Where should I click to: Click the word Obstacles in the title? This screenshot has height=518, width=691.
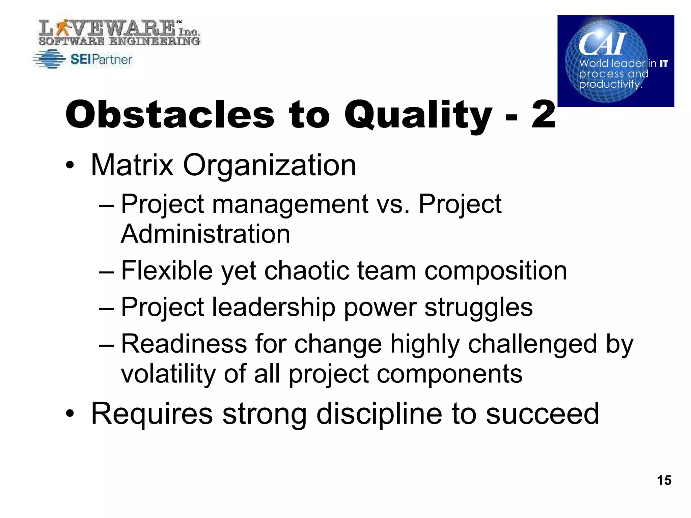tap(170, 115)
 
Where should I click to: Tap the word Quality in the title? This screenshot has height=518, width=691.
tap(418, 115)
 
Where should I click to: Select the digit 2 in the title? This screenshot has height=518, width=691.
tap(543, 115)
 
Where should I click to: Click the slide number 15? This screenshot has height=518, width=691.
tap(664, 480)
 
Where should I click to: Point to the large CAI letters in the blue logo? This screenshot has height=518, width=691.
tap(603, 44)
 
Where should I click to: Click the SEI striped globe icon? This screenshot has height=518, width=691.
tap(49, 59)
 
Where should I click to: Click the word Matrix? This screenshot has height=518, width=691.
tap(132, 165)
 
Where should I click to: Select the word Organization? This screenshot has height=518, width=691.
tap(269, 166)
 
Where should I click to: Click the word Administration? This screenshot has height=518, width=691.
tap(205, 234)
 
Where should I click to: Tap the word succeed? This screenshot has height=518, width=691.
tap(542, 414)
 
